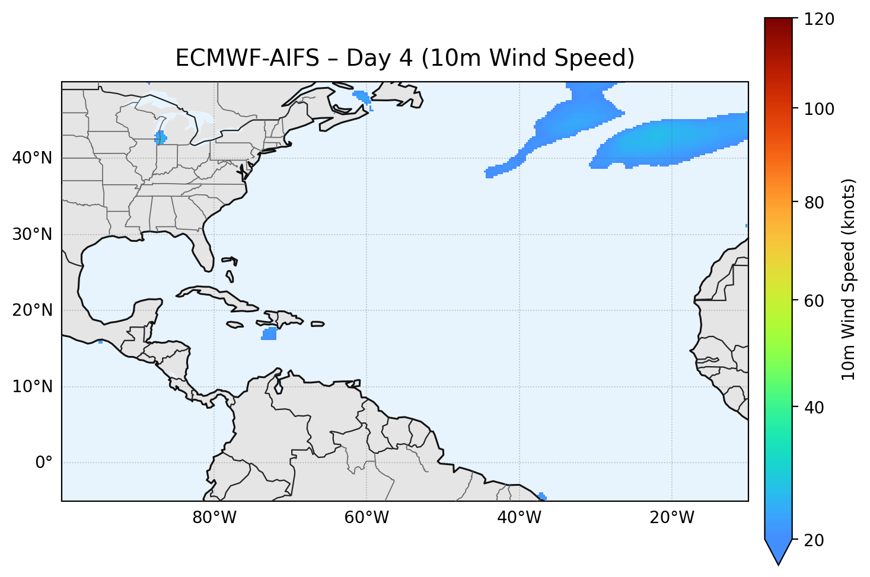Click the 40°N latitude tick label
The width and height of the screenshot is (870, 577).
tap(32, 158)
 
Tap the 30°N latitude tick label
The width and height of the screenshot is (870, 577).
tap(32, 235)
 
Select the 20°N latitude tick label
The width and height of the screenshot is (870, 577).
tap(32, 310)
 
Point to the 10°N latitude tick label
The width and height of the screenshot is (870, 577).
tap(32, 387)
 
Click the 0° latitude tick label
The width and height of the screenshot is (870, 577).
tap(44, 463)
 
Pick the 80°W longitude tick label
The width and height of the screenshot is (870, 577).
tap(214, 518)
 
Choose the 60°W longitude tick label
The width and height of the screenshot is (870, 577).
tap(367, 518)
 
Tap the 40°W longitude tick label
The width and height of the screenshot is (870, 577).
tap(519, 518)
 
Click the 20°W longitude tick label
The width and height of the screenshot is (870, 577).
tap(671, 518)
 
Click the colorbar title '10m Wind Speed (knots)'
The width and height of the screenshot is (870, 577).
tap(849, 280)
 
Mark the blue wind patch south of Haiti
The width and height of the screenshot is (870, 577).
tap(269, 334)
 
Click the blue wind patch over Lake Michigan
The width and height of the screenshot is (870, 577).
tap(160, 138)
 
